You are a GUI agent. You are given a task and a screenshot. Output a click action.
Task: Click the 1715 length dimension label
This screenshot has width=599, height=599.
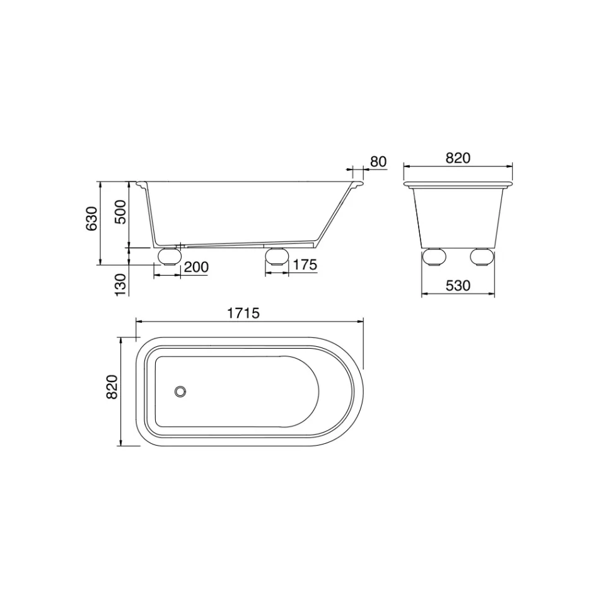coord(243,313)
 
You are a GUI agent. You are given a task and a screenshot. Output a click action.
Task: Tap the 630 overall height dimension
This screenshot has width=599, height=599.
coord(92,218)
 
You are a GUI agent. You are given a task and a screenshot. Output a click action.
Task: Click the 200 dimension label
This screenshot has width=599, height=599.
coord(195,267)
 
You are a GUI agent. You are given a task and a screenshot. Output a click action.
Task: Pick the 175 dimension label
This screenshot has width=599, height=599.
coord(305,265)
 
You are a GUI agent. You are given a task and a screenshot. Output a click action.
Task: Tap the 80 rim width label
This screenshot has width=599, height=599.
coord(377,161)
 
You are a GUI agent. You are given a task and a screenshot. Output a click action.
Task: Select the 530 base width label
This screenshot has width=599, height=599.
coord(458,286)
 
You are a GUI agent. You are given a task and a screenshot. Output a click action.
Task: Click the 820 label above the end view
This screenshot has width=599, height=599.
coord(458,158)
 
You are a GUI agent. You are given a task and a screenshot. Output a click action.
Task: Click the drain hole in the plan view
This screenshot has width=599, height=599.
coord(181,392)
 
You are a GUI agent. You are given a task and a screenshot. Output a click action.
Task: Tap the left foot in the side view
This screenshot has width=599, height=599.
coord(169,255)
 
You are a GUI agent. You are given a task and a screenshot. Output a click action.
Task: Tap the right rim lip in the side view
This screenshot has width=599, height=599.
coord(358,185)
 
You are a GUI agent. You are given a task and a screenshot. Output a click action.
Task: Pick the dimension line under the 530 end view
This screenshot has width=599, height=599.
coord(458,294)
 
